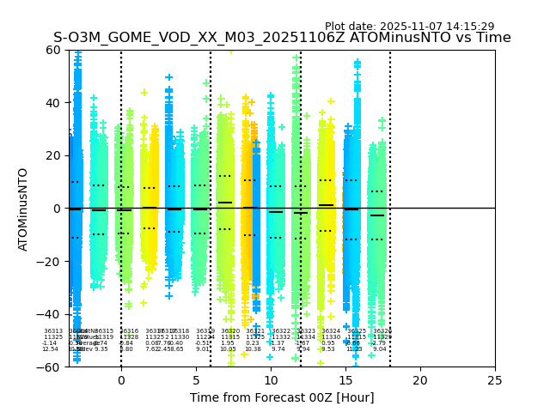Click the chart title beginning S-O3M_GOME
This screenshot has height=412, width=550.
click(282, 38)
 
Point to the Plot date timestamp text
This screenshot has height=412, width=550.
click(409, 27)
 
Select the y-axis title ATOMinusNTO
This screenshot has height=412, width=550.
click(24, 209)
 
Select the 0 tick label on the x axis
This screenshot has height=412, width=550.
click(121, 379)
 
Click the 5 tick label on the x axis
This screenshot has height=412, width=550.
click(196, 379)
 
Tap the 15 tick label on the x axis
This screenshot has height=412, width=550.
click(345, 379)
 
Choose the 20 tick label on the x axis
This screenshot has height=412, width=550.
click(420, 379)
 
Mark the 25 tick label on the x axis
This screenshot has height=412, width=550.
click(495, 379)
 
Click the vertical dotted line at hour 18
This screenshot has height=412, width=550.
click(390, 172)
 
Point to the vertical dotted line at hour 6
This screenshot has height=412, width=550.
click(211, 172)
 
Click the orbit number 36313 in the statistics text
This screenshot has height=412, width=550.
click(53, 331)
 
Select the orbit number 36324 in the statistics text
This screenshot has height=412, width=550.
click(331, 331)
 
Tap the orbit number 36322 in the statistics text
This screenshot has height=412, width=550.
click(281, 331)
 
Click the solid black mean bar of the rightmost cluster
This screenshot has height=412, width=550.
click(377, 215)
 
